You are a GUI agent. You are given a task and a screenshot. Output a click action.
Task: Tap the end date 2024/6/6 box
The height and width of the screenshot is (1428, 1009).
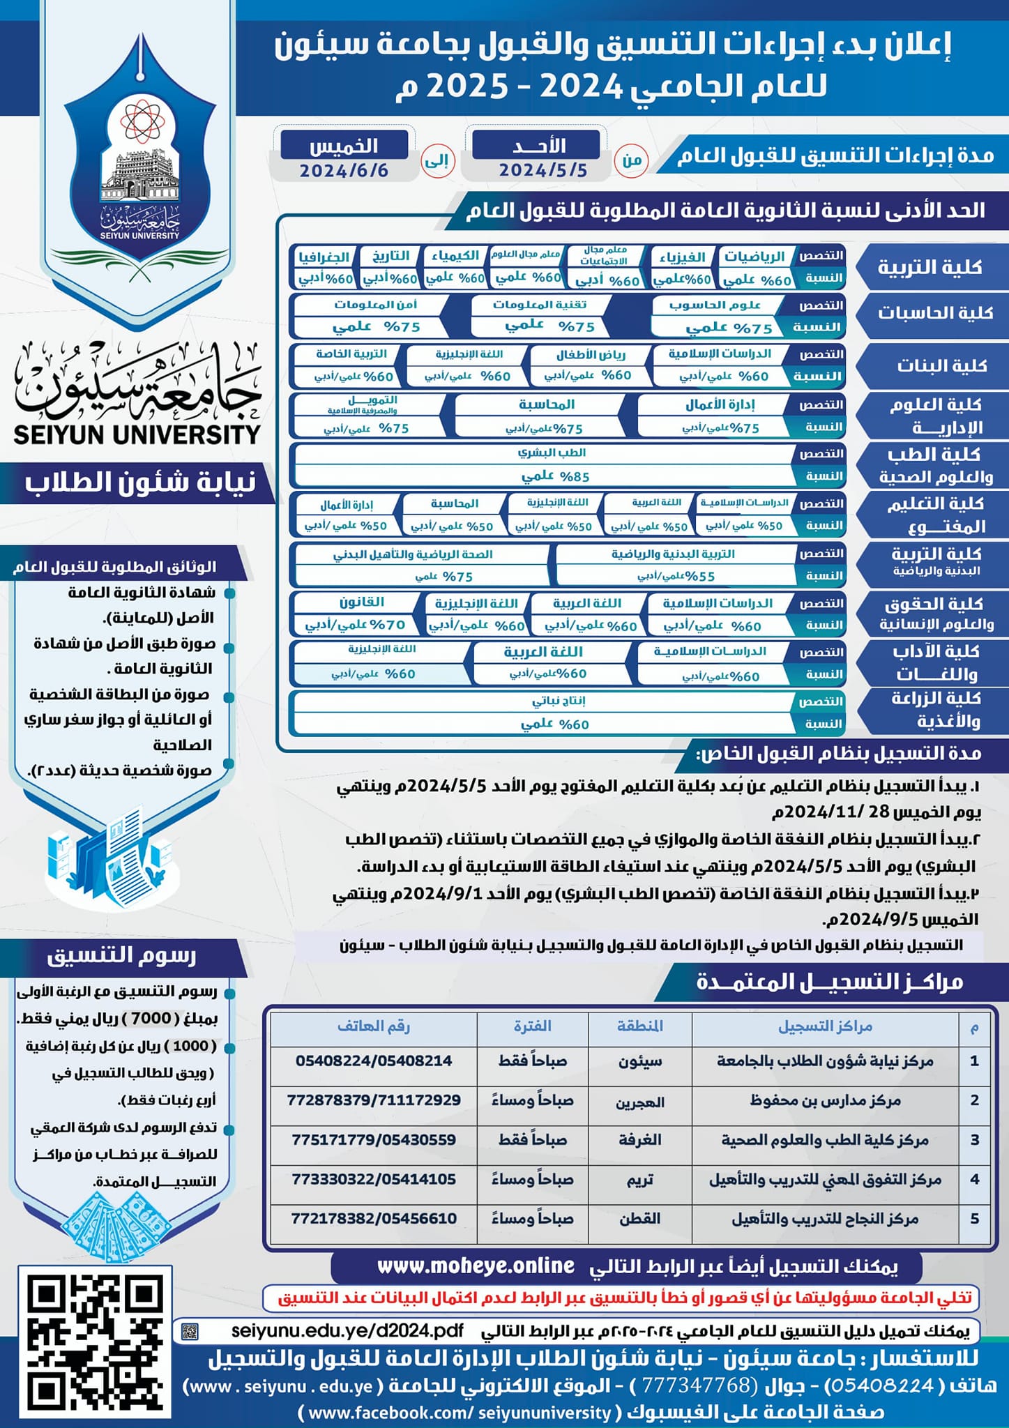[344, 158]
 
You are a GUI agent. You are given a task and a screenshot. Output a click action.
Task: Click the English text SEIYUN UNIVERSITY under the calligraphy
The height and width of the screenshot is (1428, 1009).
[137, 434]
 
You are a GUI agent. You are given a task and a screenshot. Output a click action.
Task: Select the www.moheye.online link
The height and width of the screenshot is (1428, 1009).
[476, 1266]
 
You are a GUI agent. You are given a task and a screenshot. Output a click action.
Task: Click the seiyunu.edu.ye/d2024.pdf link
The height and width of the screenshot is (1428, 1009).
[347, 1330]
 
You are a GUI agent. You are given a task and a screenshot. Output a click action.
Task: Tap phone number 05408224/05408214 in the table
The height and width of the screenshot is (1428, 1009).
[374, 1061]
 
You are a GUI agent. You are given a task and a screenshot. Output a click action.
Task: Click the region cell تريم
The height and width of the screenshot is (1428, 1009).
[639, 1179]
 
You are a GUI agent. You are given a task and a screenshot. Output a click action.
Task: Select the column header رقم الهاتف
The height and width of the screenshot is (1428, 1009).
[374, 1026]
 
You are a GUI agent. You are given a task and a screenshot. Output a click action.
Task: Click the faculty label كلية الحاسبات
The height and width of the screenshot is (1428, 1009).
[934, 312]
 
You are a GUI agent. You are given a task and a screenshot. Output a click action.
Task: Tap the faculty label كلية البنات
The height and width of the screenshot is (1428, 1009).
[941, 365]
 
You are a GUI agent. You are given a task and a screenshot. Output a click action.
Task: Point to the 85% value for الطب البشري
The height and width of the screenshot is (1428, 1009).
[555, 477]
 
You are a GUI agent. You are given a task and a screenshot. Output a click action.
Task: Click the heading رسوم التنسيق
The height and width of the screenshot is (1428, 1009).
[121, 955]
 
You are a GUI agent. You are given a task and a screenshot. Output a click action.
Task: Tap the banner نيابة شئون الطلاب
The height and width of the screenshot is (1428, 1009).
[139, 483]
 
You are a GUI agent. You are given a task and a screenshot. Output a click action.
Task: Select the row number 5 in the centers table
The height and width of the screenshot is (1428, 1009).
[974, 1218]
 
